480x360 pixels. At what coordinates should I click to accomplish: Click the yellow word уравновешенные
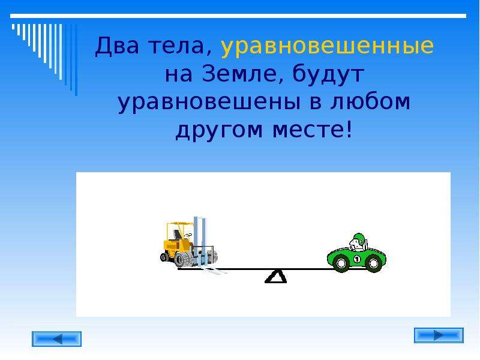click(327, 47)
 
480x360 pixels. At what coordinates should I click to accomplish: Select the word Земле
click(242, 74)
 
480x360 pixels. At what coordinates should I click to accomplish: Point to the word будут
click(328, 74)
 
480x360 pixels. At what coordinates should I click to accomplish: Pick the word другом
click(219, 130)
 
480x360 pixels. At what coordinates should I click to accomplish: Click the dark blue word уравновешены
click(209, 103)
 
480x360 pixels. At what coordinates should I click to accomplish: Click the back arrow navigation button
click(56, 339)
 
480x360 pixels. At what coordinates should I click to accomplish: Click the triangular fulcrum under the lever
click(275, 277)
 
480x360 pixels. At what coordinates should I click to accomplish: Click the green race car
click(356, 253)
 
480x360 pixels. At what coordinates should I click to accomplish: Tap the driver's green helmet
click(359, 238)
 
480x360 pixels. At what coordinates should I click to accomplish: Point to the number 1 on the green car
click(356, 260)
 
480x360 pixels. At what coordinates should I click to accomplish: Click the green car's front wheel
click(341, 263)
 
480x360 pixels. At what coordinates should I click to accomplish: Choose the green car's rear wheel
click(373, 263)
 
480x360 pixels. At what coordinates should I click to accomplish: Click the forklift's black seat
click(177, 235)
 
